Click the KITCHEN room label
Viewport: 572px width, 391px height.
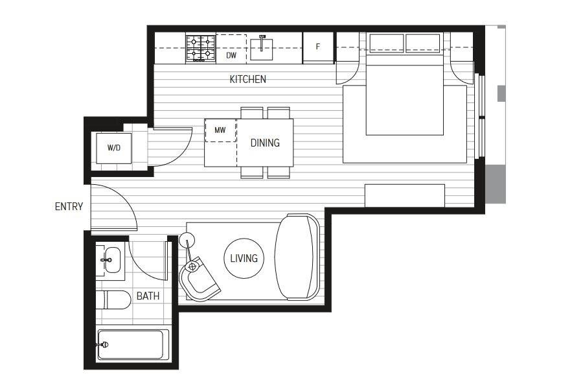pos(247,79)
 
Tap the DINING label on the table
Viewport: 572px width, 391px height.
pos(265,143)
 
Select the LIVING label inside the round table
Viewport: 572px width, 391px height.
pos(244,259)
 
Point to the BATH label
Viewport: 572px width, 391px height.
pos(148,296)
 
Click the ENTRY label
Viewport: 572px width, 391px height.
pos(69,207)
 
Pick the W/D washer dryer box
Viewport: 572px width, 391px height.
pos(114,148)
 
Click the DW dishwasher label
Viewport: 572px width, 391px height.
pos(231,56)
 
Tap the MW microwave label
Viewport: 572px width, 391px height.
pos(220,130)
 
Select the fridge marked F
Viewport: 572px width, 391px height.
pos(318,48)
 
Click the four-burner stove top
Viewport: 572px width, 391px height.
pos(201,48)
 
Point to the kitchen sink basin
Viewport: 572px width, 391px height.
pos(262,49)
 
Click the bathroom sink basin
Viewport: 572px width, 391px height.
pos(111,260)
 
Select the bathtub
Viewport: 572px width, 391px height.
pos(133,344)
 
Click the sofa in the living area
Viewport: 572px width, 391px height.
pos(297,257)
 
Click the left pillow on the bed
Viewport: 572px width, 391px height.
pos(387,43)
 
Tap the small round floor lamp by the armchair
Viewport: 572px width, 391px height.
pos(187,240)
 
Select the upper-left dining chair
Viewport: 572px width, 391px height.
pos(252,113)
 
